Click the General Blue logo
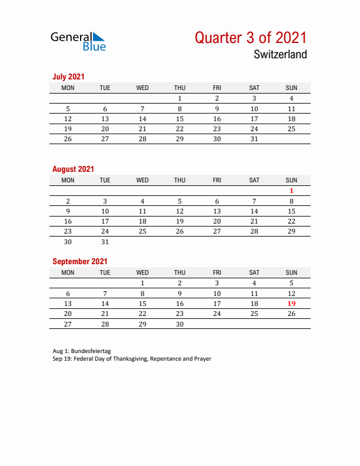click(78, 41)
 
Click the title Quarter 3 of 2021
click(251, 38)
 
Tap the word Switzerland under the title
click(280, 55)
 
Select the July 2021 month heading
click(68, 76)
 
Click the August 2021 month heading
click(73, 169)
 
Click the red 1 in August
click(291, 191)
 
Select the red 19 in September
click(291, 304)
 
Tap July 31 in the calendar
click(254, 139)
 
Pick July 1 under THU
click(180, 99)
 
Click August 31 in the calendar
click(105, 242)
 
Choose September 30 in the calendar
click(180, 324)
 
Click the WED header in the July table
click(142, 88)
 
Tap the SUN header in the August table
click(291, 180)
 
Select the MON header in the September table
click(68, 272)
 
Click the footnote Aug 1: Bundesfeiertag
click(81, 351)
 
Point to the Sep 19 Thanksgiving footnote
click(131, 358)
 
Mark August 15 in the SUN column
click(291, 211)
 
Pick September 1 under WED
click(142, 283)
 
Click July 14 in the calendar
click(142, 119)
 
